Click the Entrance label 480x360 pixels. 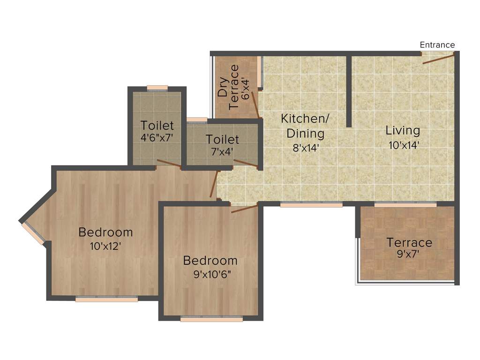tap(437, 45)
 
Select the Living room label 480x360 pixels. tap(403, 130)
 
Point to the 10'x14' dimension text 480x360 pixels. tap(403, 145)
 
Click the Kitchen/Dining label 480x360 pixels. tap(305, 126)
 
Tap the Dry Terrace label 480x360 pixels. tap(228, 87)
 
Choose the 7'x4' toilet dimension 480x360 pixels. tap(223, 152)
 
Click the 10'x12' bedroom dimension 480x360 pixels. tap(105, 246)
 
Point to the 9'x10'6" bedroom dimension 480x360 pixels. tap(210, 274)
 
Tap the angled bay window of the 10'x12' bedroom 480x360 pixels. tap(33, 233)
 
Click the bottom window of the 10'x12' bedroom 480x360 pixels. tap(106, 299)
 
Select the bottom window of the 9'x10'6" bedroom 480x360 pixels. tap(211, 319)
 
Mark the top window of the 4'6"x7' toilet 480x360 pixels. tap(157, 88)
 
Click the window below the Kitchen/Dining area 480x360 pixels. tap(311, 204)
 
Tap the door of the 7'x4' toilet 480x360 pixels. tap(246, 163)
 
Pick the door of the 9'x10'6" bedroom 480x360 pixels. tap(244, 209)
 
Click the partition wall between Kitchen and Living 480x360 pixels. tap(349, 91)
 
